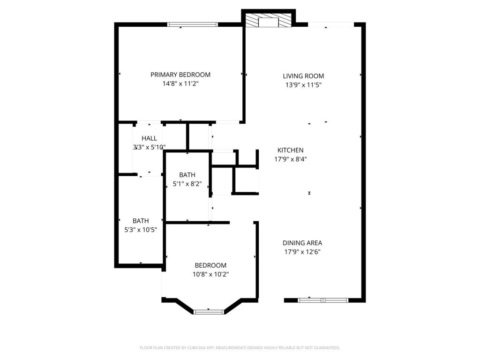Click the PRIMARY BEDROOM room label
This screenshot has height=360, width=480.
[x=180, y=75]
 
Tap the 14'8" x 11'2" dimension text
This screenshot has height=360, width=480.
[x=180, y=84]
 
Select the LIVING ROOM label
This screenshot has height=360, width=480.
[x=303, y=76]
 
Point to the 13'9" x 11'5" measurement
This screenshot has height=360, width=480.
[x=303, y=85]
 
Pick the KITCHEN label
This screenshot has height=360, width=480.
[x=290, y=150]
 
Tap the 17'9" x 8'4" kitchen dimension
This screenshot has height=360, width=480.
[x=290, y=159]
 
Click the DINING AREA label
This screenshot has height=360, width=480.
[x=302, y=243]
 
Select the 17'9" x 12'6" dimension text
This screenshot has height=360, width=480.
[x=302, y=252]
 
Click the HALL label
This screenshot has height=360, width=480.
[x=149, y=138]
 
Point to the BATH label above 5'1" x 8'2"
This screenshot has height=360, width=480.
[x=187, y=175]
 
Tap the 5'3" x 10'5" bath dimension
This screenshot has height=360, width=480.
[x=141, y=230]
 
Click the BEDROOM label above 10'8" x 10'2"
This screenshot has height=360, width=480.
[x=210, y=265]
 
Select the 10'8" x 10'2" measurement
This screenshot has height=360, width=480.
[x=210, y=274]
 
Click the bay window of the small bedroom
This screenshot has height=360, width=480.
[x=209, y=311]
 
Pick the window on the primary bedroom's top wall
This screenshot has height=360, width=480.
[x=193, y=24]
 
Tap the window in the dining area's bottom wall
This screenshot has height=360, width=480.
[x=323, y=300]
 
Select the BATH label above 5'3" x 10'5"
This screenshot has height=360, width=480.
[x=141, y=221]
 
